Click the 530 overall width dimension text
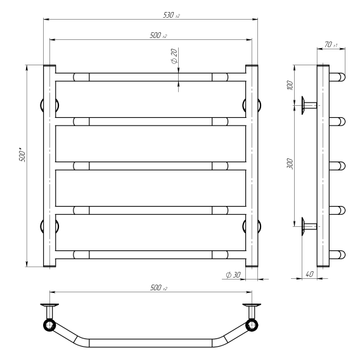tap(171, 15)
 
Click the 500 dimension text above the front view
tap(158, 35)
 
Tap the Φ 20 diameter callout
tap(174, 56)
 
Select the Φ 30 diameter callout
tap(233, 274)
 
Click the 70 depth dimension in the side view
tap(331, 44)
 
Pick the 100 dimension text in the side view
tap(290, 85)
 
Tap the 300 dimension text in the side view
tap(290, 164)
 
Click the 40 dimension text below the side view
tap(309, 274)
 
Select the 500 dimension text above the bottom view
tap(158, 288)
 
